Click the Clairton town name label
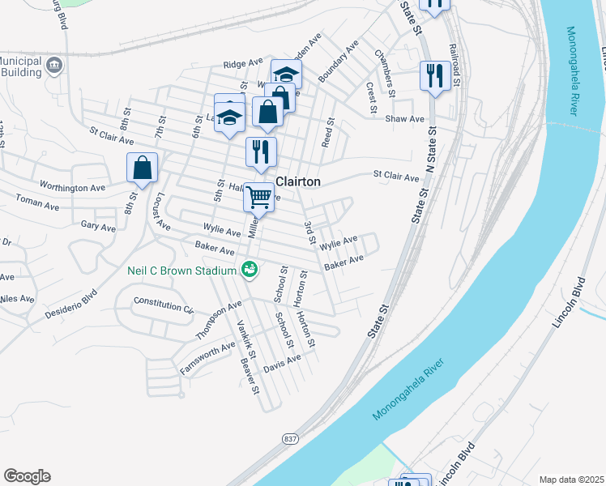(299, 182)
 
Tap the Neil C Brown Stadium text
(181, 270)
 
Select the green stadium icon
(250, 268)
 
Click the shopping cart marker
(258, 197)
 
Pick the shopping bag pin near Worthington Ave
(143, 168)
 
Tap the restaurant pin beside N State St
(435, 77)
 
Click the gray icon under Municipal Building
(54, 65)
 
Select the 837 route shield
(289, 438)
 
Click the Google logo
(27, 476)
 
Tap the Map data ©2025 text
(571, 480)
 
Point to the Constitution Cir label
(164, 305)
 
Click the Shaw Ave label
(405, 119)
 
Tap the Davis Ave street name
(282, 363)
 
